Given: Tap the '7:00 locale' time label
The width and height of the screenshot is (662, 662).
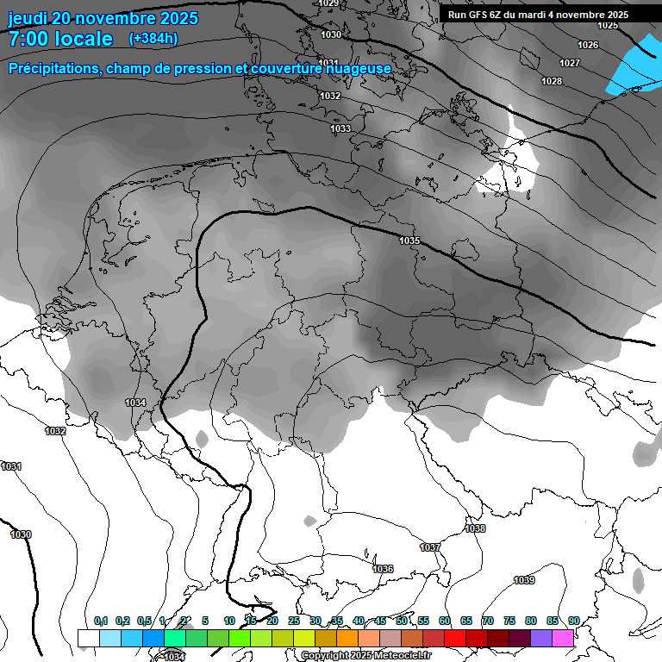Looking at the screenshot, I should [59, 39].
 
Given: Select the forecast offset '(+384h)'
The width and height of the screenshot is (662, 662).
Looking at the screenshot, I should [153, 39].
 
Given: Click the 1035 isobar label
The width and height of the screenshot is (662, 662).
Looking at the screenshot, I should [409, 240].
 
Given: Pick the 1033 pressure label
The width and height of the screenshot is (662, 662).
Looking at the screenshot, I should [340, 128].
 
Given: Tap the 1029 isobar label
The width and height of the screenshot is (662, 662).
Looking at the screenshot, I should [328, 3].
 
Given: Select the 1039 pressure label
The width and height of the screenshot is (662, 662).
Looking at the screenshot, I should [524, 580].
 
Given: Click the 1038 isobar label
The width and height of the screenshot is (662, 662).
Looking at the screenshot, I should [475, 528].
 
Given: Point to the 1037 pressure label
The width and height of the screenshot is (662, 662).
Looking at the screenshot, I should [430, 547].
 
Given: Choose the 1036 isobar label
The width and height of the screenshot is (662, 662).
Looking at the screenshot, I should [383, 569].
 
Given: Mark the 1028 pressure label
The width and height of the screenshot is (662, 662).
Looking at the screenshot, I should [552, 81].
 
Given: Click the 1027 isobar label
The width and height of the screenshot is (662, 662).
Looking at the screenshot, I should [570, 63].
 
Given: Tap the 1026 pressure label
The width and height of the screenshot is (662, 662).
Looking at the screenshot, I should [588, 45].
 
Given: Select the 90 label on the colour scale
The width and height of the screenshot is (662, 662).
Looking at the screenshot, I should [573, 621].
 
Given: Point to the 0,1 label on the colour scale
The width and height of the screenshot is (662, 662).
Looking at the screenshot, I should [101, 621].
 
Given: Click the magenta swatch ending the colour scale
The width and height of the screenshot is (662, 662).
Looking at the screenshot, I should [563, 638].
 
